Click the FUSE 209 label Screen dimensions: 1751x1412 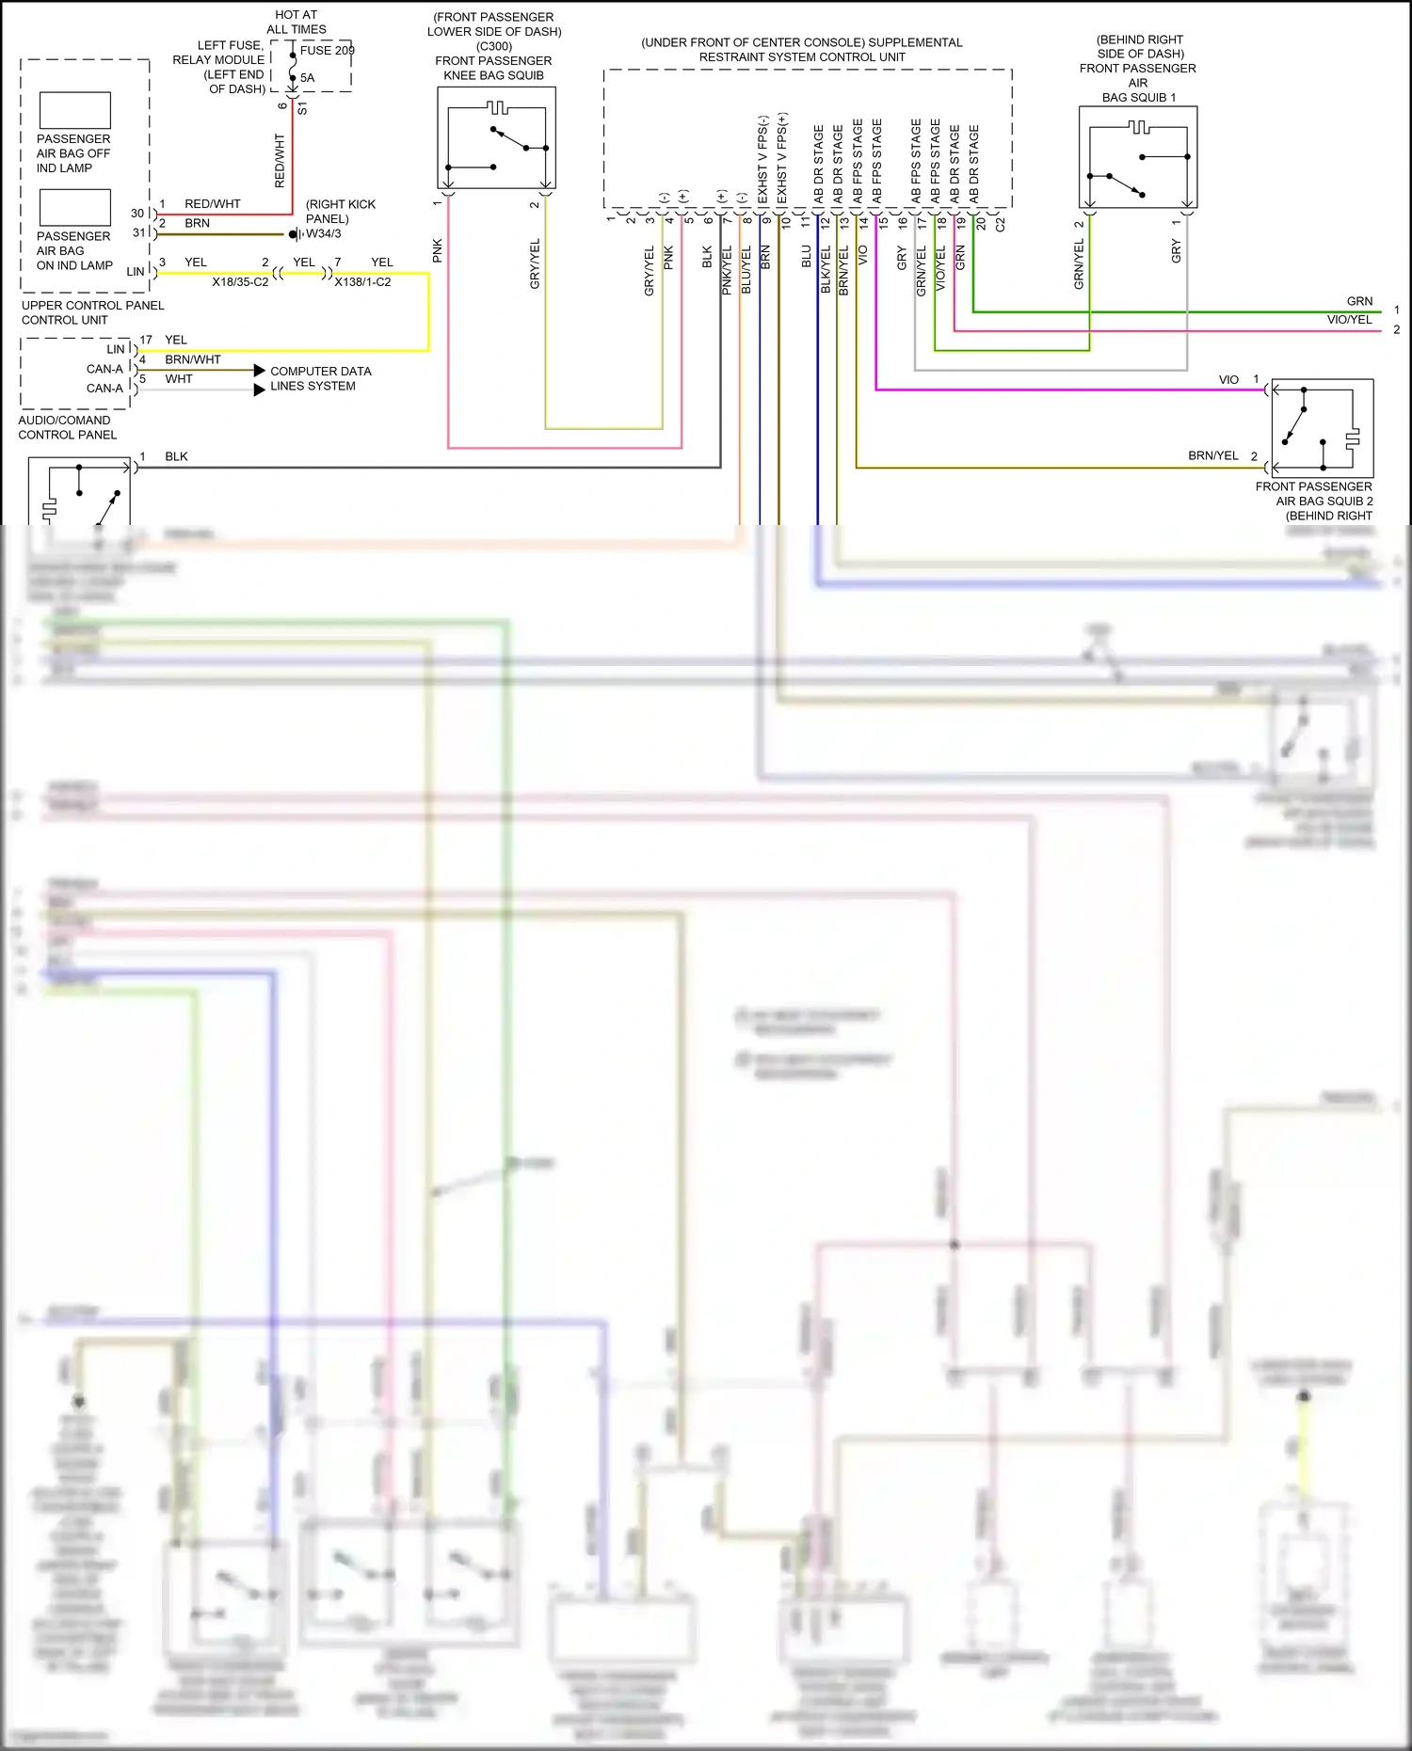tap(327, 51)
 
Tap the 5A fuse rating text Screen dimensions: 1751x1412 tap(307, 78)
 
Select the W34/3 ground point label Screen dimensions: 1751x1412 tap(324, 234)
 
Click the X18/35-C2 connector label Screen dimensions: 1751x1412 tap(239, 282)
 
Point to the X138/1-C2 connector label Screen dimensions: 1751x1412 tap(362, 282)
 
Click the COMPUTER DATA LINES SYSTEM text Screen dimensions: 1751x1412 tap(320, 378)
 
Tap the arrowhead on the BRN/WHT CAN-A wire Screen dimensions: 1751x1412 tap(259, 371)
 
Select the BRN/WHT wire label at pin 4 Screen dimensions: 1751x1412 tap(193, 359)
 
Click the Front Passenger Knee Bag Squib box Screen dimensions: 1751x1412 tap(496, 138)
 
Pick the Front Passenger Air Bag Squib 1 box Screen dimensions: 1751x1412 tap(1138, 157)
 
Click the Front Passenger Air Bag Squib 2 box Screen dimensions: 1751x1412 tap(1322, 428)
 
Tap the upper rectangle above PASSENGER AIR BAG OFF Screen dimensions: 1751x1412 tap(75, 111)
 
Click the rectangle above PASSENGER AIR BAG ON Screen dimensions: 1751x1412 tap(75, 208)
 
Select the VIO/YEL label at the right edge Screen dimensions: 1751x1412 tap(1349, 320)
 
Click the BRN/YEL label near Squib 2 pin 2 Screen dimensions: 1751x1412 tap(1212, 455)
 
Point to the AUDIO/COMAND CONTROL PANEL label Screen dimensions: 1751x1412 tap(67, 427)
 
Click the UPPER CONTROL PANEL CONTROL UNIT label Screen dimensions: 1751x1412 tap(92, 312)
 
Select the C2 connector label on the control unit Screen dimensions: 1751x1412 tap(1000, 225)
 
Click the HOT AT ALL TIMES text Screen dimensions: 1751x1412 tap(296, 22)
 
